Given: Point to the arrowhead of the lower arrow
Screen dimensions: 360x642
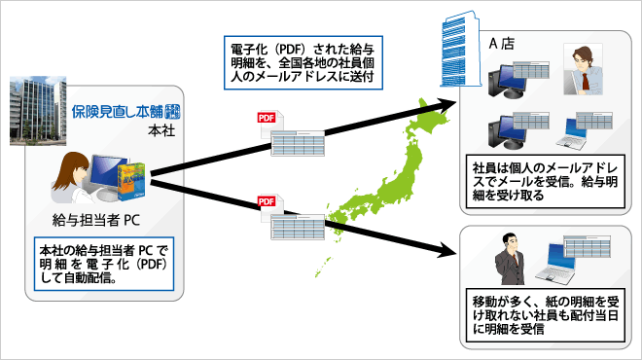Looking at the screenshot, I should click(448, 256).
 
